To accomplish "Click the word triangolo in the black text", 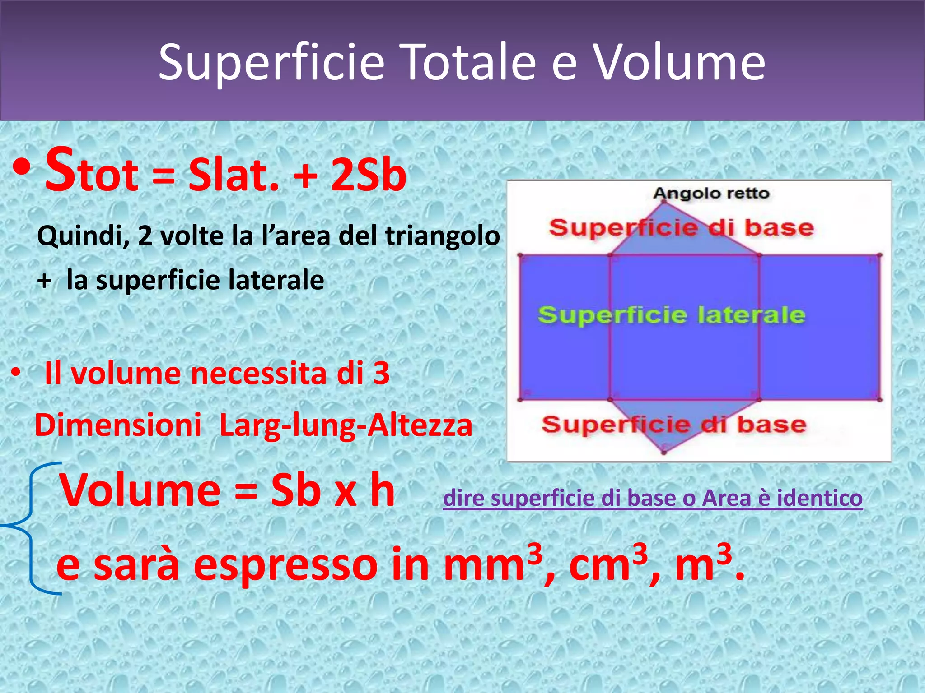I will coord(442,236).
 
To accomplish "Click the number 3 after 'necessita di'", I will coord(382,374).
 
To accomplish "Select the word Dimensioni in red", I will coord(118,425).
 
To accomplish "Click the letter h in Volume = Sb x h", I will coord(382,491).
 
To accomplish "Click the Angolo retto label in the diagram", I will coord(711,194).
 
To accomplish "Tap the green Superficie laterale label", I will coord(671,314).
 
